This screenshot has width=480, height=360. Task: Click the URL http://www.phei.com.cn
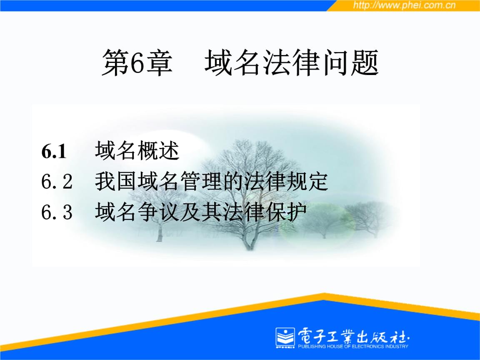404,5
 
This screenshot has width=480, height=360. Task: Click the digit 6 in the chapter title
136,63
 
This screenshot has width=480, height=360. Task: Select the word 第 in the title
115,63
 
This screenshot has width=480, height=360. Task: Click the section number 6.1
54,151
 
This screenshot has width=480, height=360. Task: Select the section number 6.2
57,181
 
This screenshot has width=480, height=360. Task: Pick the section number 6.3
57,212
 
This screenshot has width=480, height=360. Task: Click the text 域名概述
137,150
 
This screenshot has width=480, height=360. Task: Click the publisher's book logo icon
285,337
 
